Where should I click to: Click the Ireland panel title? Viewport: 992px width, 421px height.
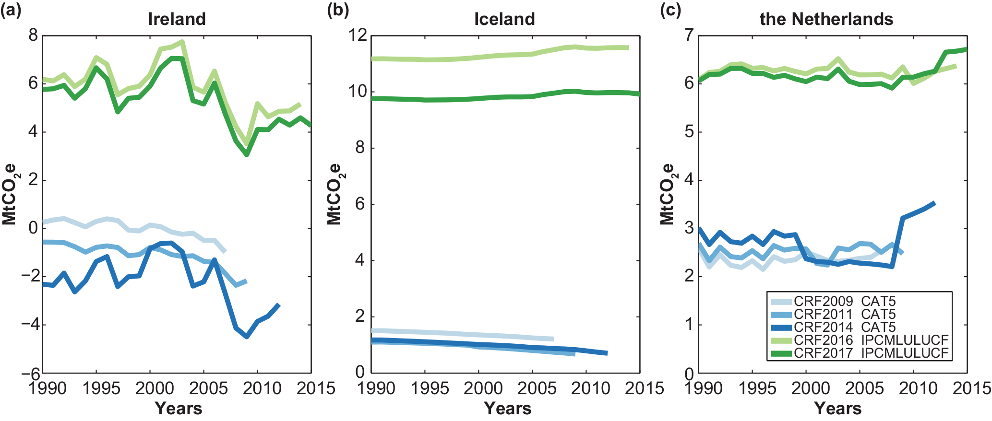(x=177, y=19)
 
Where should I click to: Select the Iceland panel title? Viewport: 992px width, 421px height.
(x=504, y=19)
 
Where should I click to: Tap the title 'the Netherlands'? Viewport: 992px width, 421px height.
(x=826, y=19)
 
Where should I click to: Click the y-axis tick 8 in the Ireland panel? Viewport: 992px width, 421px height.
(x=33, y=35)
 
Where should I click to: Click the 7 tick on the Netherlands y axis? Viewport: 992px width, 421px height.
(x=689, y=35)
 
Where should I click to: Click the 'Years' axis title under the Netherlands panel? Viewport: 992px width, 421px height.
(x=837, y=409)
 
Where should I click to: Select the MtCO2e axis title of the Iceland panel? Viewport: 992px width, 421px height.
(x=334, y=194)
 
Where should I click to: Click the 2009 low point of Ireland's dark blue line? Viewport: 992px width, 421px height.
(x=247, y=337)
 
